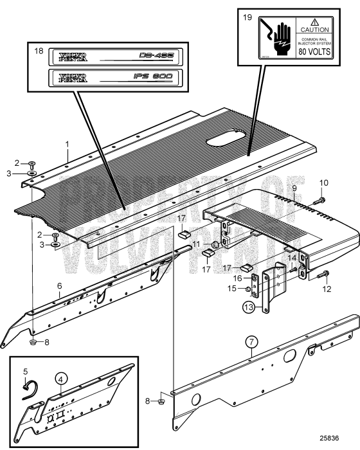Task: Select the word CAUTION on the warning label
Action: tap(314, 30)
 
